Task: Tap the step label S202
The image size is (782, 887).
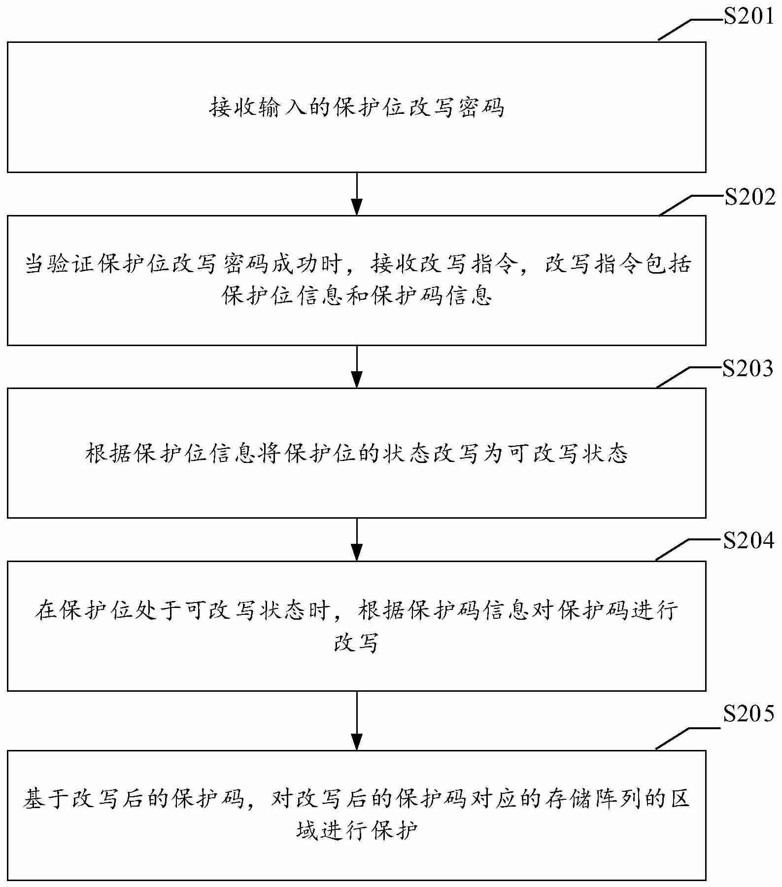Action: [x=749, y=197]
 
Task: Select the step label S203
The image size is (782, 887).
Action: [x=748, y=368]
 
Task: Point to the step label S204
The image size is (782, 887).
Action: [x=748, y=541]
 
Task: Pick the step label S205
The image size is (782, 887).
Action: [x=748, y=714]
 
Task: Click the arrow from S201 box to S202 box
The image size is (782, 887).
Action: [x=356, y=194]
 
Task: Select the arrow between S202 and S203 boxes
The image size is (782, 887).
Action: [x=356, y=366]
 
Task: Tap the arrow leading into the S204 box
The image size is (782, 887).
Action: [x=356, y=539]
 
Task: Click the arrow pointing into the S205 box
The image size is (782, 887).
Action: [x=356, y=720]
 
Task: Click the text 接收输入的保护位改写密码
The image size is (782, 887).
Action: [x=356, y=107]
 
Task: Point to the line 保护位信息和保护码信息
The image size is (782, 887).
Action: [x=356, y=296]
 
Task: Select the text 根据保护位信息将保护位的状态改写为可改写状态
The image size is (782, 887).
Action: [x=356, y=453]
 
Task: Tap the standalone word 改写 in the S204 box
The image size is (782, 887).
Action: [x=356, y=642]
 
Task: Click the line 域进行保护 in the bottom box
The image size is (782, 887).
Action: [x=356, y=831]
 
